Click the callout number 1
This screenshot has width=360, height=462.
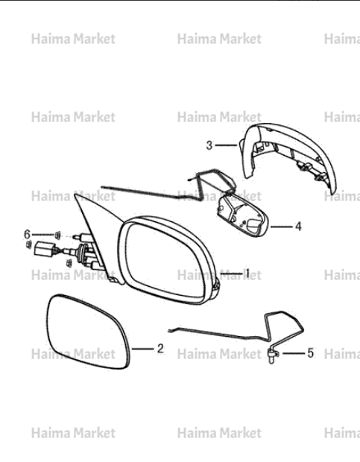click(x=247, y=273)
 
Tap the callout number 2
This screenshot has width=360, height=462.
click(x=160, y=349)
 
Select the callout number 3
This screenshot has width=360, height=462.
click(x=209, y=145)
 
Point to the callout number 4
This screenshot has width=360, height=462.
click(x=298, y=227)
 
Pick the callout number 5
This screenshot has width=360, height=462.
click(x=311, y=353)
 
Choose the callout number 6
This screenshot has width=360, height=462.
click(x=27, y=235)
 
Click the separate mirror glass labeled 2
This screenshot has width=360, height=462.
click(x=88, y=332)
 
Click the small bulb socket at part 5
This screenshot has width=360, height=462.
click(x=271, y=355)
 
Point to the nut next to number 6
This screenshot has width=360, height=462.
click(x=57, y=235)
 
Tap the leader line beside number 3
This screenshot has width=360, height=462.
click(x=227, y=145)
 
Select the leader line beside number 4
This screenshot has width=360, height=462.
click(x=282, y=227)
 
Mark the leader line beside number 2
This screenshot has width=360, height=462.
click(x=143, y=349)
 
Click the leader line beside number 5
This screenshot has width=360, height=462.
click(x=293, y=353)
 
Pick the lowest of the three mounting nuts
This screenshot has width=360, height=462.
click(x=69, y=263)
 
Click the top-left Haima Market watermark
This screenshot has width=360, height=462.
click(x=73, y=39)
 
